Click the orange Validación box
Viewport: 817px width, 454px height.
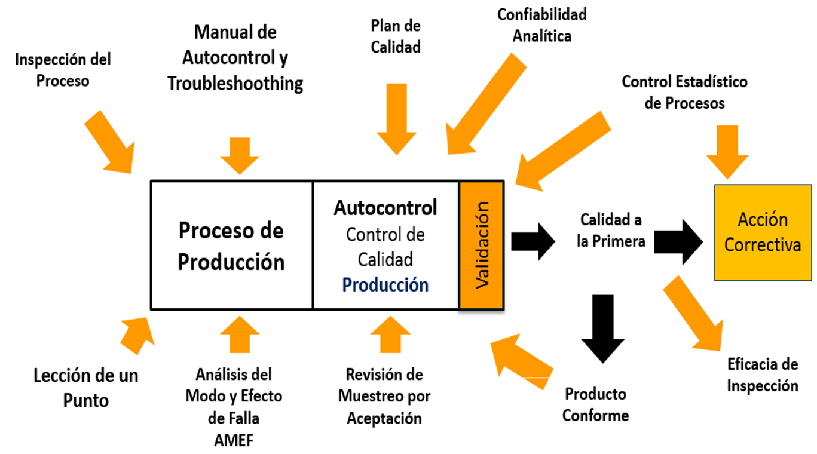click(482, 246)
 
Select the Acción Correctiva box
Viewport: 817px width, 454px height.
click(763, 232)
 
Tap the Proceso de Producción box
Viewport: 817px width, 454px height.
click(231, 246)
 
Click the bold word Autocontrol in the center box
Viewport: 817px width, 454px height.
click(385, 207)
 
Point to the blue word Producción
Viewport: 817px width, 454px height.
click(385, 285)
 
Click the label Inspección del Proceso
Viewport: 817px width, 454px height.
click(63, 70)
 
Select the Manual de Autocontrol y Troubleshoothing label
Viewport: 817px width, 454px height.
click(235, 58)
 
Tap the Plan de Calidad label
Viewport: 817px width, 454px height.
click(396, 36)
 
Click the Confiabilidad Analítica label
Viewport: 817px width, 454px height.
click(542, 24)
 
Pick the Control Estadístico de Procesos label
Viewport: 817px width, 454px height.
click(684, 92)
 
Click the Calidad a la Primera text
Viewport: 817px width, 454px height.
click(610, 231)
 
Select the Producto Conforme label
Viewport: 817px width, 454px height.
click(596, 404)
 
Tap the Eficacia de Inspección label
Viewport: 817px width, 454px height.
click(763, 375)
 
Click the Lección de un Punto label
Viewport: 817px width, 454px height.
click(86, 387)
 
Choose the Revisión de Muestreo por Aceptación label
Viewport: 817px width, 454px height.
click(384, 396)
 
